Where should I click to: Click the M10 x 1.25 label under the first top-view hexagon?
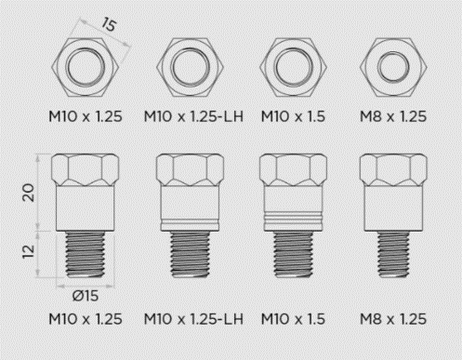pyautogui.click(x=85, y=118)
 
